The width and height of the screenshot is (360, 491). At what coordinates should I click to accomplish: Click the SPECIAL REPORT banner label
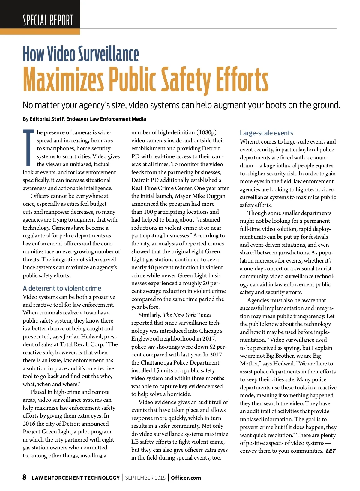coord(48,20)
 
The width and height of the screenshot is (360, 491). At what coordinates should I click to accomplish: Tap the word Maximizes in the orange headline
coord(63,79)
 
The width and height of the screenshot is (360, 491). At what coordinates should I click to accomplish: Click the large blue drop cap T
coord(28,147)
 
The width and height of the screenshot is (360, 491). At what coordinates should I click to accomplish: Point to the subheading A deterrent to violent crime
coord(62,288)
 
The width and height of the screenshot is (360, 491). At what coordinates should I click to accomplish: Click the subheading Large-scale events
coord(266,133)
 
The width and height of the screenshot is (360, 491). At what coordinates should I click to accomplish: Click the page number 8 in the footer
coord(25,477)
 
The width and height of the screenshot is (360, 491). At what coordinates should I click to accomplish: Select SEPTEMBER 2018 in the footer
coord(145,478)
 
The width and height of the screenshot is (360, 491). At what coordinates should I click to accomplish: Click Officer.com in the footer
coord(186,478)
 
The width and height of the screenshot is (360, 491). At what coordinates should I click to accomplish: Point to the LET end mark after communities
coord(331,451)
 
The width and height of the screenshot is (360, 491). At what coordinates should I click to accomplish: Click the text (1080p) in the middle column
coord(206,132)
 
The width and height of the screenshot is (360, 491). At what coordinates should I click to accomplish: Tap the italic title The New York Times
coord(187,315)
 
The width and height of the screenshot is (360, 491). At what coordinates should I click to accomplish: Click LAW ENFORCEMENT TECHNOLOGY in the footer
coord(76,478)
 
